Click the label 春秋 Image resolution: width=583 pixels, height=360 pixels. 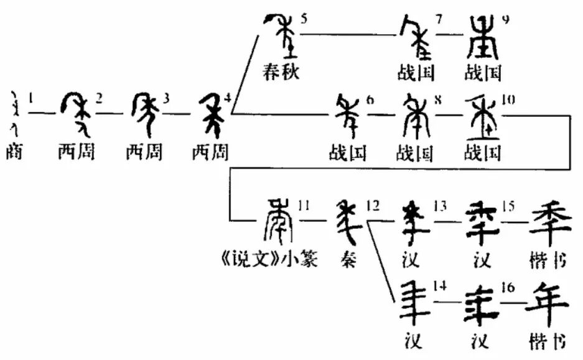coord(280,72)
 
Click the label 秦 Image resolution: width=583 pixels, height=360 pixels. coord(349,261)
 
